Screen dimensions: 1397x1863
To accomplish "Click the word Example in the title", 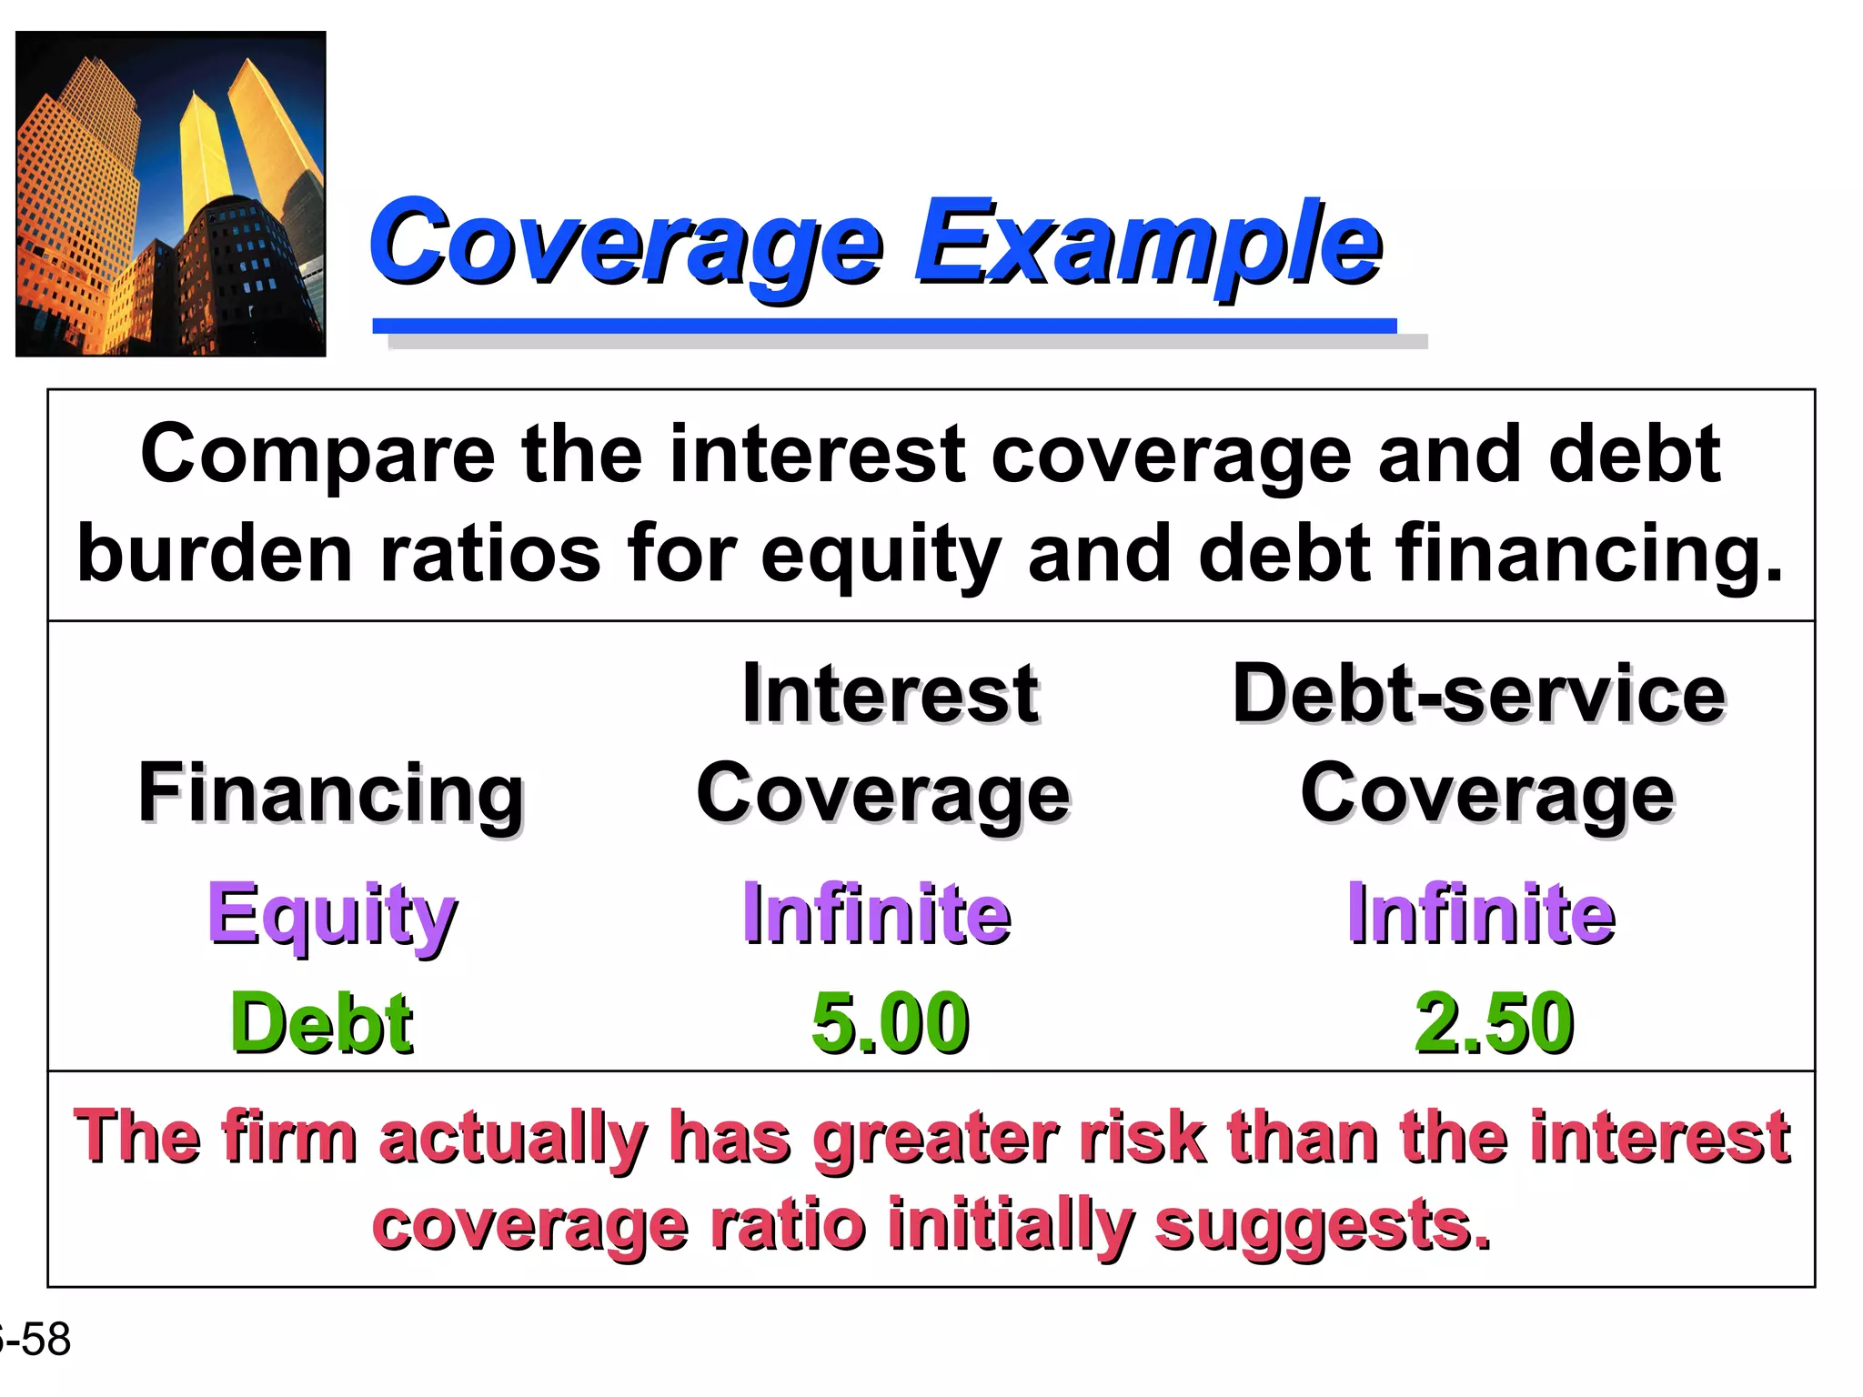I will pyautogui.click(x=1148, y=244).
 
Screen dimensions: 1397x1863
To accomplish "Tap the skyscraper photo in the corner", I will pyautogui.click(x=171, y=194).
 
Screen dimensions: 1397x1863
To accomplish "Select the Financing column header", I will pyautogui.click(x=331, y=793).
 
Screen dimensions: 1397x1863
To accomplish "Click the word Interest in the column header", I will pyautogui.click(x=890, y=694).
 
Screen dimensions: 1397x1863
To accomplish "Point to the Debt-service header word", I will pyautogui.click(x=1478, y=694).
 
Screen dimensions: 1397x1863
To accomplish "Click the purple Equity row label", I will pyautogui.click(x=332, y=914).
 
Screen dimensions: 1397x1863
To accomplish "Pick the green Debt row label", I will pyautogui.click(x=322, y=1022).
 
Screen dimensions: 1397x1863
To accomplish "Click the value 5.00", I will pyautogui.click(x=890, y=1022).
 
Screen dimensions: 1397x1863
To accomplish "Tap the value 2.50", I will pyautogui.click(x=1494, y=1022).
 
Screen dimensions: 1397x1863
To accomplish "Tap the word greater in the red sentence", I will pyautogui.click(x=936, y=1139).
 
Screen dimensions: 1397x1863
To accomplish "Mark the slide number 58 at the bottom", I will pyautogui.click(x=45, y=1340).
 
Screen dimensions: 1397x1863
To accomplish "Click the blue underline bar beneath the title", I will pyautogui.click(x=884, y=326).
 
